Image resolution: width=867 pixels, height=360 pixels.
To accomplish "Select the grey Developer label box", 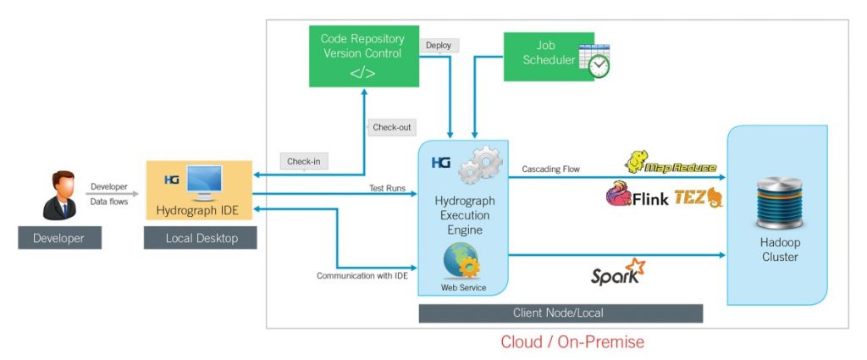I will [x=59, y=238].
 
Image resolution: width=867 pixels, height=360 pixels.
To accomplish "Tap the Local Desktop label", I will [x=202, y=238].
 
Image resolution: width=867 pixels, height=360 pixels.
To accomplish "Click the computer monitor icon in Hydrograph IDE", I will [x=203, y=181].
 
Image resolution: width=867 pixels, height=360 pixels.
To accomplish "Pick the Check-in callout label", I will [x=304, y=161].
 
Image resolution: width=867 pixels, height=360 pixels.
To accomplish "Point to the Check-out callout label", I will [x=391, y=127].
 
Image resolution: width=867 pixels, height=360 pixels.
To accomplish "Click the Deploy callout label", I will [x=439, y=45].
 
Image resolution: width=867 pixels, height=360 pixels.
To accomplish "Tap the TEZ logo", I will [x=699, y=198].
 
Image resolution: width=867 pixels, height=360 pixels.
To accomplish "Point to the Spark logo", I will [x=617, y=273].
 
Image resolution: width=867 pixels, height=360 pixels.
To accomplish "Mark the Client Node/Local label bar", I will [x=561, y=313].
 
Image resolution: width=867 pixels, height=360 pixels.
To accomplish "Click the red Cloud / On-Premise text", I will [x=572, y=342].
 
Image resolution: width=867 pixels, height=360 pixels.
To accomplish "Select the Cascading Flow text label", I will [x=550, y=169].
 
